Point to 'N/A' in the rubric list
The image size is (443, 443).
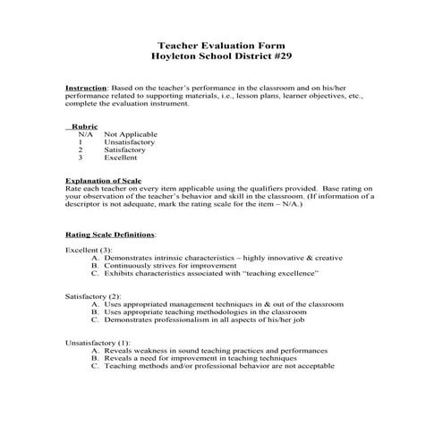pyautogui.click(x=84, y=134)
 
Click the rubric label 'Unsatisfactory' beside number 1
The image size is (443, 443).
pyautogui.click(x=130, y=142)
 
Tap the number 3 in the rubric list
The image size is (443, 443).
pyautogui.click(x=81, y=158)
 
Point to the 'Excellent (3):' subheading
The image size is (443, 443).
pyautogui.click(x=89, y=250)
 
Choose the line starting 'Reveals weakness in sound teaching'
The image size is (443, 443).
pyautogui.click(x=215, y=351)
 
